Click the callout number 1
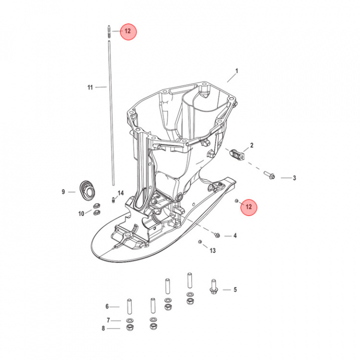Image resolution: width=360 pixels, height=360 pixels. click(x=236, y=71)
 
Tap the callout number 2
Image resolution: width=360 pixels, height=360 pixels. click(x=251, y=145)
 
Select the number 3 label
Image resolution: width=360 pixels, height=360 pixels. click(x=294, y=178)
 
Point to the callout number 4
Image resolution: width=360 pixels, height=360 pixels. click(x=235, y=235)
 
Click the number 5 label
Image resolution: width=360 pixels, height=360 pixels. click(x=235, y=289)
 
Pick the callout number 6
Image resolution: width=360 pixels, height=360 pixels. click(x=107, y=306)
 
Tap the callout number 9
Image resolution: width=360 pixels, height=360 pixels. click(x=63, y=191)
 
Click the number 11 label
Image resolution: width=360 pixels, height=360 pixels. click(x=90, y=87)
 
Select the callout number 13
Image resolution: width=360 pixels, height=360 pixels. click(x=212, y=250)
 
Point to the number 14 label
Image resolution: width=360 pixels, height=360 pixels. click(x=121, y=193)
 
